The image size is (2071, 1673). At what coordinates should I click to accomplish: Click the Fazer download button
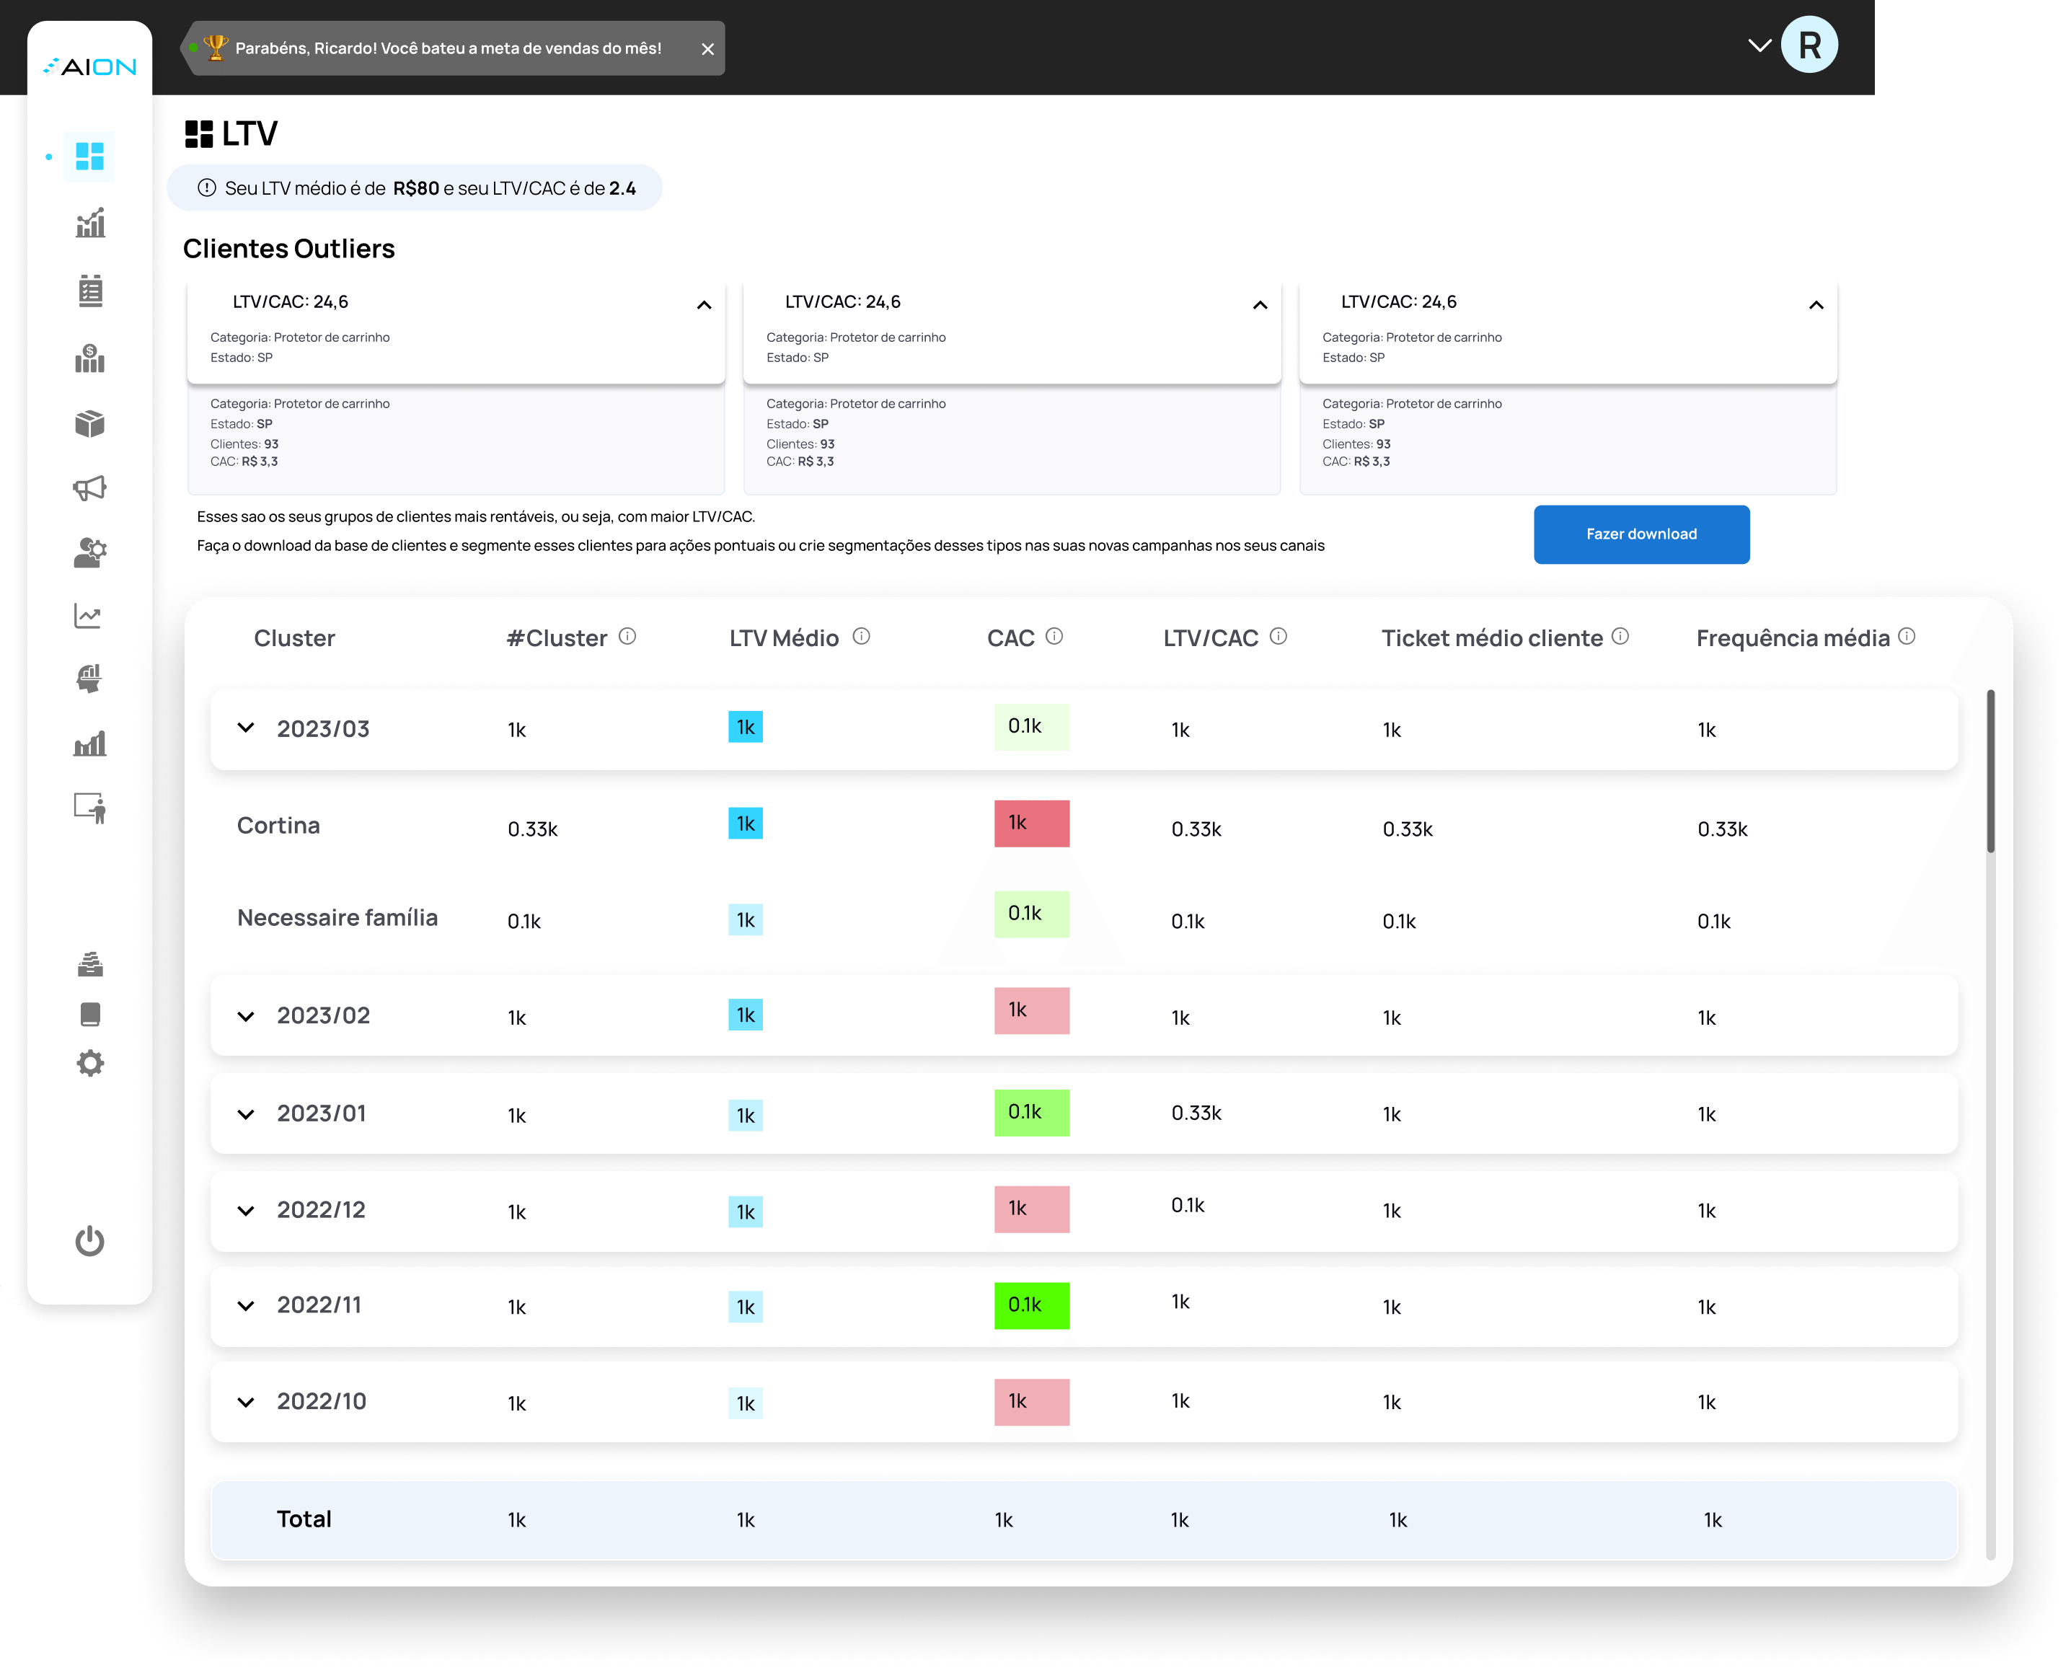pos(1641,534)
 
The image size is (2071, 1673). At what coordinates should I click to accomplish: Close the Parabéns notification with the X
pos(707,49)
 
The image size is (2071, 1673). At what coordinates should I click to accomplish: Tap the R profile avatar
pos(1808,45)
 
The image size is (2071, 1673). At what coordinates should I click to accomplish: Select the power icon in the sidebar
pos(89,1240)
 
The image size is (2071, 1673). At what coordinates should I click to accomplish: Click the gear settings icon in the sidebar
pos(89,1063)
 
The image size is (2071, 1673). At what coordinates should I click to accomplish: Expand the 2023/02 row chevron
pos(246,1016)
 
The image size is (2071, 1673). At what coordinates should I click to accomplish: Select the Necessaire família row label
pos(337,917)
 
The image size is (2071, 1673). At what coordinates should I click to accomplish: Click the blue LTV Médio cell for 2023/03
pos(745,727)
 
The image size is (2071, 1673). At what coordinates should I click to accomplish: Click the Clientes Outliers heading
pos(288,249)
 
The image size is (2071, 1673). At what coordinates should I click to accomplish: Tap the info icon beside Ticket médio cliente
pos(1620,636)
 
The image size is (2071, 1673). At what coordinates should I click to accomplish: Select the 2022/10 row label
pos(321,1401)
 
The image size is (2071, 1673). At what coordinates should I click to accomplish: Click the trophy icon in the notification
pos(216,47)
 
